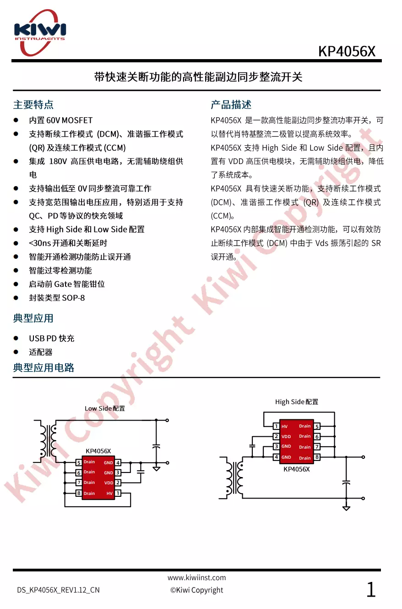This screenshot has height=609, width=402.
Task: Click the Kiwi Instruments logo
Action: [x=40, y=31]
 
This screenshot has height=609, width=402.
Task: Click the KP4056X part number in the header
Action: [x=347, y=51]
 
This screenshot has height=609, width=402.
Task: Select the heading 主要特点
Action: [x=33, y=105]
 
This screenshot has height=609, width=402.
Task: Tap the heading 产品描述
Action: [x=231, y=105]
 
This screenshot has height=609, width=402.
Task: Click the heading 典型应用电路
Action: [x=43, y=368]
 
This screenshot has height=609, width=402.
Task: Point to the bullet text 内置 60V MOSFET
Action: [x=60, y=121]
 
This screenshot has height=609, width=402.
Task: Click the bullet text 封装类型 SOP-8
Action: [x=57, y=298]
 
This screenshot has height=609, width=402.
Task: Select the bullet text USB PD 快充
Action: [x=51, y=339]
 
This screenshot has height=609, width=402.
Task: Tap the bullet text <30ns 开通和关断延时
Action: [x=68, y=243]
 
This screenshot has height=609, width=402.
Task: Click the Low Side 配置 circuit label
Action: [x=105, y=408]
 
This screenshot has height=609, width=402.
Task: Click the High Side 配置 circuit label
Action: [x=297, y=402]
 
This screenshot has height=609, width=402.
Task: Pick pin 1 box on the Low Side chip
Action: [x=118, y=493]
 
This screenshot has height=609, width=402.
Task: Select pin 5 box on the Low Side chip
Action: [x=79, y=463]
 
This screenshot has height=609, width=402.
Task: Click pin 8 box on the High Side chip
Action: [x=317, y=457]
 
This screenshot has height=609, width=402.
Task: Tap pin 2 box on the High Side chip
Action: [x=276, y=437]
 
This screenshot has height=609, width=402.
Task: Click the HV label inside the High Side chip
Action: [x=285, y=427]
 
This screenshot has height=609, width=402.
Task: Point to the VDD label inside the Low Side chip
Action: [x=109, y=483]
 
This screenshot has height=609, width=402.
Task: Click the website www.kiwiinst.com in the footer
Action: [x=196, y=578]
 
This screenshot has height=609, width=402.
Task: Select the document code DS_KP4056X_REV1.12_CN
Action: [x=58, y=590]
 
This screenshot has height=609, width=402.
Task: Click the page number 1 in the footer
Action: [x=371, y=590]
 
